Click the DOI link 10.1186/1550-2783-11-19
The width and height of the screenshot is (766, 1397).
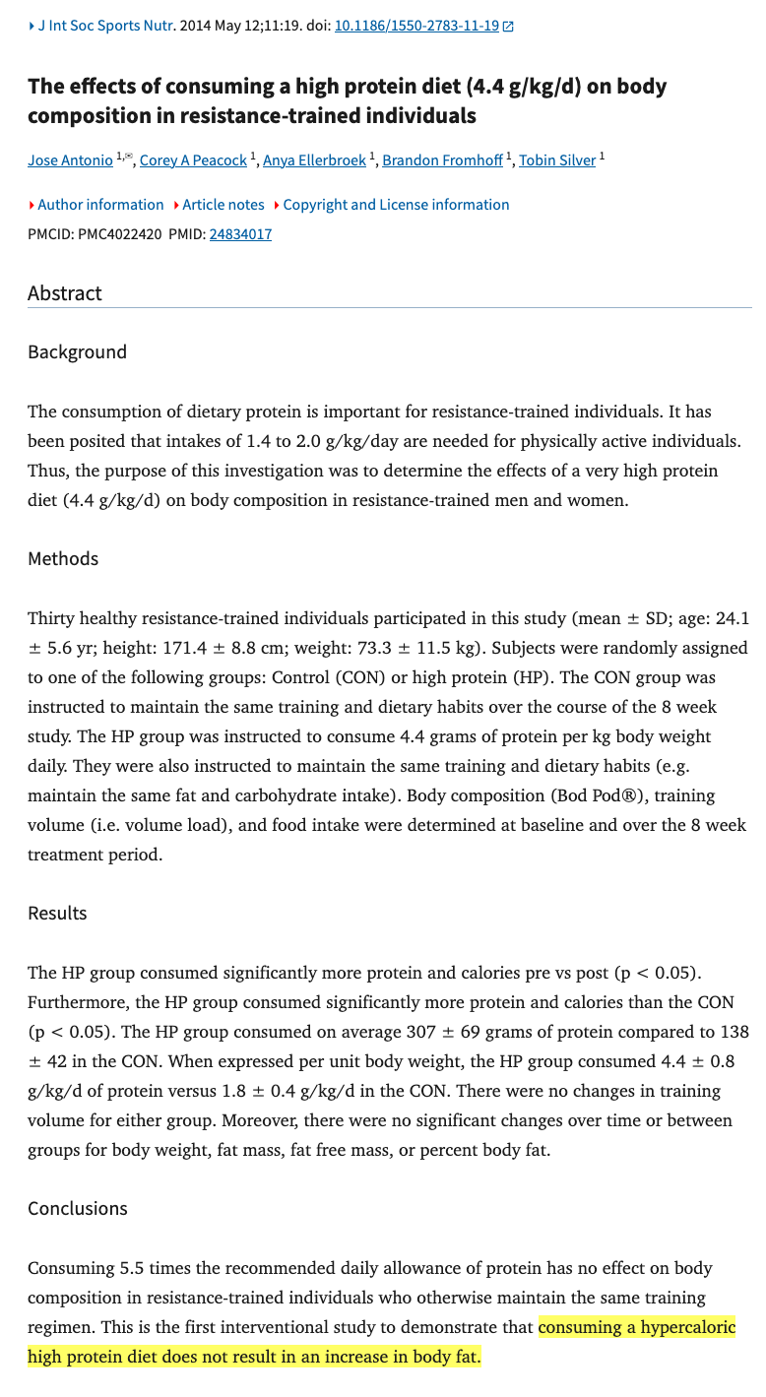(416, 27)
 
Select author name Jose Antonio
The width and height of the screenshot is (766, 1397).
(70, 160)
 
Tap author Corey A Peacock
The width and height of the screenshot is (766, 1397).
(193, 160)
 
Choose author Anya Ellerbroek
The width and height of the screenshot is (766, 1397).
(314, 160)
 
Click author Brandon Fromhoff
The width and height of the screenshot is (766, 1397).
(442, 160)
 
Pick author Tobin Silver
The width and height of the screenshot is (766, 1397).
(557, 160)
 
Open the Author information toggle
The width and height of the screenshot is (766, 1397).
(100, 205)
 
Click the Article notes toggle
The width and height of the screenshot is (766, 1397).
(223, 205)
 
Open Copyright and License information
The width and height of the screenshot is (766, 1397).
(396, 205)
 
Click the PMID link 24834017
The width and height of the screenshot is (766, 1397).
(240, 234)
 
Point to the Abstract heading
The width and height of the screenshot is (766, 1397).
(65, 293)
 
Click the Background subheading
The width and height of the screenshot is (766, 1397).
(77, 352)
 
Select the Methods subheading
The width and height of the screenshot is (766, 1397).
(63, 559)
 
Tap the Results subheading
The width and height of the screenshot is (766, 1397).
(57, 914)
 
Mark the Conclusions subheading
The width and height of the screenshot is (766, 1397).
(78, 1209)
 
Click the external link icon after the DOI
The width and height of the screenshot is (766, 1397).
(508, 27)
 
